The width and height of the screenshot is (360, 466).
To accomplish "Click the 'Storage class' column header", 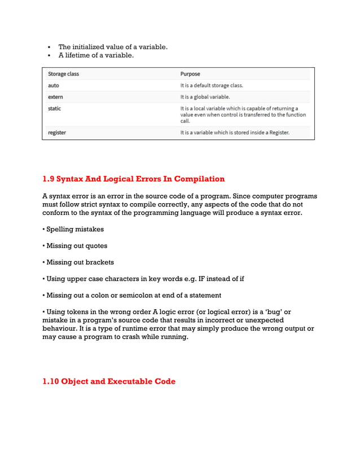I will [63, 74].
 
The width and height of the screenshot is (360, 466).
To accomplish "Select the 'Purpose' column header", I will [190, 74].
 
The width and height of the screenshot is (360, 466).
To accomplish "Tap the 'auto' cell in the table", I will [54, 86].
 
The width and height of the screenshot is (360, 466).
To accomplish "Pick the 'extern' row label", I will [55, 97].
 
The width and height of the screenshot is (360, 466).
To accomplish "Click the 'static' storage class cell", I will [55, 108].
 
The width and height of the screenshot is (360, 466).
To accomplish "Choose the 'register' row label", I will [57, 133].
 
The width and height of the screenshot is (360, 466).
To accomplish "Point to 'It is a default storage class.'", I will [212, 86].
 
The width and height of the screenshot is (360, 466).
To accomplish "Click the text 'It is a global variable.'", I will [205, 97].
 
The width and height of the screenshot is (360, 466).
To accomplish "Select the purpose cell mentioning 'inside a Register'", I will [235, 133].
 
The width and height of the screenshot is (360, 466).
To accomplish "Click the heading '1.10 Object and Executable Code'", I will [109, 381].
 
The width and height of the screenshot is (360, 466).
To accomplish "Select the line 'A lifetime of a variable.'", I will [96, 55].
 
